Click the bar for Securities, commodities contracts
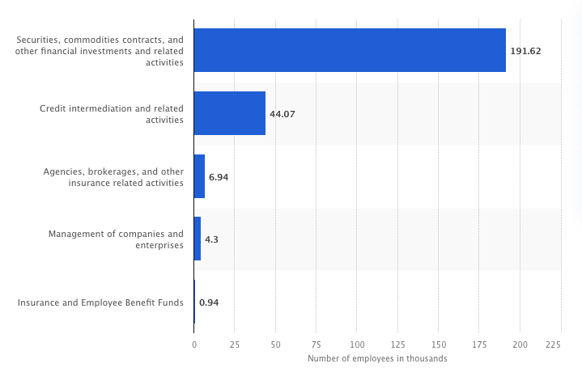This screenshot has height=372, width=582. coord(350,50)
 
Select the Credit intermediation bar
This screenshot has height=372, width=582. coord(230,113)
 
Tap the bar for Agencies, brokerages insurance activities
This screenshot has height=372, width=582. coord(199,176)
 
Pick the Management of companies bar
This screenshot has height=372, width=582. coord(198,239)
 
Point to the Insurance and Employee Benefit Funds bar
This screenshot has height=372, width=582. coord(194,302)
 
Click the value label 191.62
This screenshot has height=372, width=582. coord(525,51)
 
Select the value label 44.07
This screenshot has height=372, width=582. coord(283,114)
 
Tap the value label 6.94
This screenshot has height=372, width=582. coord(219,177)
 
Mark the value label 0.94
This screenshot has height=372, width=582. coord(209,303)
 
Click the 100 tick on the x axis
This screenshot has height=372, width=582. coord(357,344)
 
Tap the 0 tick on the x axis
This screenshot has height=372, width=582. coord(194,344)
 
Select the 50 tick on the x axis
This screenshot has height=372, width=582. coord(275,344)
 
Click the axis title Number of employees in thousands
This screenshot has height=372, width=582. coord(377,358)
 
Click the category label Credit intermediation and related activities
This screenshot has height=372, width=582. coord(112,114)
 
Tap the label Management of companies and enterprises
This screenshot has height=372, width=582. coord(116,239)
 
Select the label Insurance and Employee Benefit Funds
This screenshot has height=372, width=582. coord(100,303)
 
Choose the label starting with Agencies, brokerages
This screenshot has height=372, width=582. coord(113,177)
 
